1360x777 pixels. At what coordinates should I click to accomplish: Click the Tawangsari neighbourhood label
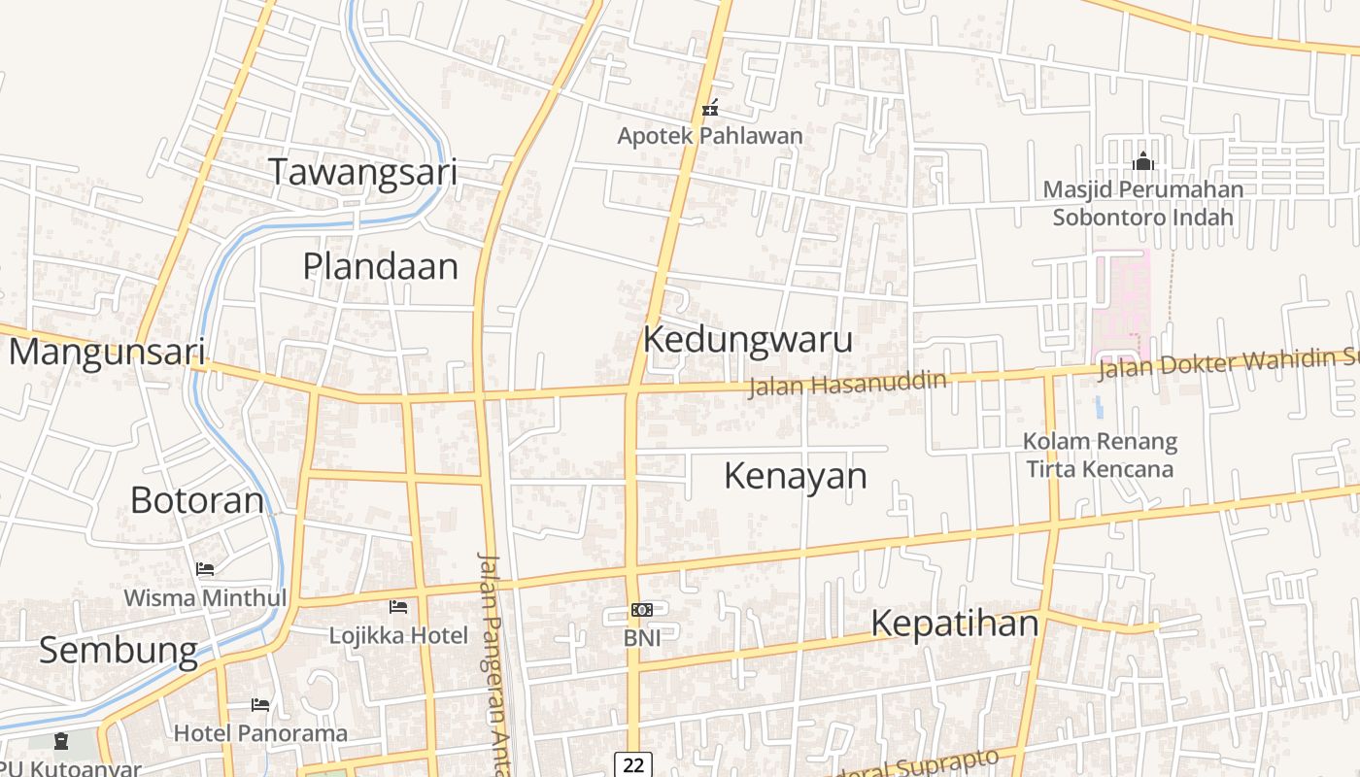[363, 172]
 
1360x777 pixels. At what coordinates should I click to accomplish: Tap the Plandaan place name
[380, 266]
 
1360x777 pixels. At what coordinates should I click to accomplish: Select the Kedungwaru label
[748, 340]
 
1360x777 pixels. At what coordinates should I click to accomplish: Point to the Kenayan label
[796, 476]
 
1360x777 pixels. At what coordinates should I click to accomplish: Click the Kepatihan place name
[954, 623]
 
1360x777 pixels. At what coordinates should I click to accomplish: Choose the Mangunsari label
[107, 352]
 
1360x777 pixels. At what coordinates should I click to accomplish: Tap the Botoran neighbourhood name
[197, 500]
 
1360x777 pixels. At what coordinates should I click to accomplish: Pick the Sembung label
[119, 650]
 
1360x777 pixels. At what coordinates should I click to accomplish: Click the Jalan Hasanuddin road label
[847, 383]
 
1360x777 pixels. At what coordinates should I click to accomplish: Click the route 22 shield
[633, 765]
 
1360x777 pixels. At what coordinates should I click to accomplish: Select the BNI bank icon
[641, 610]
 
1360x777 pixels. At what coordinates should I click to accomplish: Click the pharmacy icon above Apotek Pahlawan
[711, 108]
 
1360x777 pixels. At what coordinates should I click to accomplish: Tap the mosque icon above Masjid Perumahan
[1142, 160]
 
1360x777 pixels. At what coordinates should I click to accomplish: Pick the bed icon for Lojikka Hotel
[398, 607]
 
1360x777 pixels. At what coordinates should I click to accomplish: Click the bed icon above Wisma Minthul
[205, 568]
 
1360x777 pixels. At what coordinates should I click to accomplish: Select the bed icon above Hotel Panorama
[260, 704]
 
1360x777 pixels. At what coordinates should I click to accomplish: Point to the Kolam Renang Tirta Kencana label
[1100, 456]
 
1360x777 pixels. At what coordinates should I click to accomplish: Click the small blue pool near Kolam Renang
[1099, 406]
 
